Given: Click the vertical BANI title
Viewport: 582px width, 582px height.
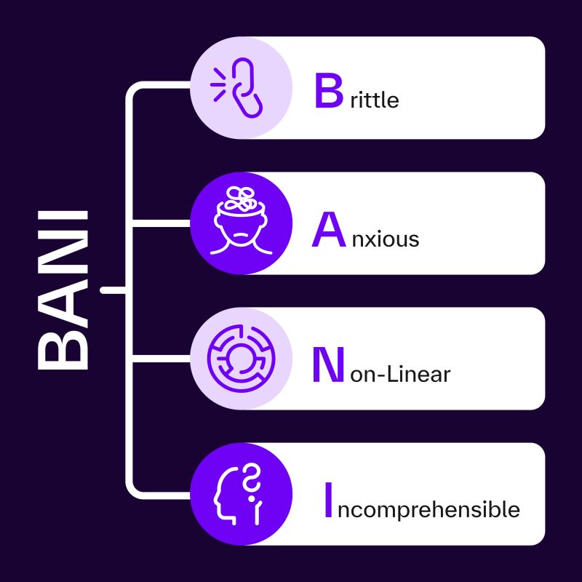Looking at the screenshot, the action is pos(63,290).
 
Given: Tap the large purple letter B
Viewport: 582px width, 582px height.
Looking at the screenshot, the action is pos(329,90).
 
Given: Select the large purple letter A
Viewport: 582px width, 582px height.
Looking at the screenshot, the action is pos(329,229).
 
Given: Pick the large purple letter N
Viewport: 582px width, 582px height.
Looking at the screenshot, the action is pos(328,364).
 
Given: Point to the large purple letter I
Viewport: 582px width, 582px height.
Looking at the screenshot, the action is pos(328,500).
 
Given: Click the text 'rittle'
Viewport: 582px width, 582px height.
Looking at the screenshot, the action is pos(375,100).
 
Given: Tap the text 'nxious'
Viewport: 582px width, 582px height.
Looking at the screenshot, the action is pos(386,239).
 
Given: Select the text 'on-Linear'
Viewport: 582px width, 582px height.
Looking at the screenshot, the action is pos(400,373).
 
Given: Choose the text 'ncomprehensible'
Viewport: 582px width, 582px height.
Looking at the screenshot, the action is pos(428,509).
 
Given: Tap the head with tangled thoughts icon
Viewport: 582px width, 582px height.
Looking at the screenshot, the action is pos(241,221).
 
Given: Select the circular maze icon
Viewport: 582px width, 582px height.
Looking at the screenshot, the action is pos(242,359).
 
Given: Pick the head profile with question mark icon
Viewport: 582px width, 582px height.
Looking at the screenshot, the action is pos(238,494).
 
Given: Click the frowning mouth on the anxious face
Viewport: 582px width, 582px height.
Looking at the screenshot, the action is pos(241,235).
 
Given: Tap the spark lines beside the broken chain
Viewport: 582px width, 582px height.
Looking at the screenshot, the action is pos(218,84).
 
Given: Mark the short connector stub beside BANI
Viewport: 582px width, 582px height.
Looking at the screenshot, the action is pos(113,290).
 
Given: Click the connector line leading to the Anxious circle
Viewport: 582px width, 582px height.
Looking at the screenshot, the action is pos(162,223).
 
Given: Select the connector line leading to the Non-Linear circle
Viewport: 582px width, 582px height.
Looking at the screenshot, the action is pos(162,359).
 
